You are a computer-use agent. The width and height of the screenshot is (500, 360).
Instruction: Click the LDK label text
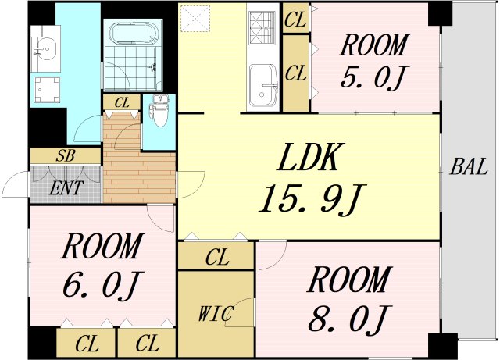coord(308,159)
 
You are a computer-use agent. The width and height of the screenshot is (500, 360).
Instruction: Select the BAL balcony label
coord(469,166)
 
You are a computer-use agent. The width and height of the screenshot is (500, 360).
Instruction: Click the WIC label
coord(215,314)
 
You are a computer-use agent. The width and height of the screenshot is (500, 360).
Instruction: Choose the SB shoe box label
coord(66,155)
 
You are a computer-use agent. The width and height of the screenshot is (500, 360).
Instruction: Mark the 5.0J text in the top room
coord(373,79)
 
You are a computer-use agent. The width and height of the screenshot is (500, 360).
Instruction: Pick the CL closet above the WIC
coord(216,256)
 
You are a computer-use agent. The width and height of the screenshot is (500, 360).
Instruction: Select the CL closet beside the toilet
coord(122,102)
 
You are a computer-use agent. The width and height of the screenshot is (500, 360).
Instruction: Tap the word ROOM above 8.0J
coord(348,280)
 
